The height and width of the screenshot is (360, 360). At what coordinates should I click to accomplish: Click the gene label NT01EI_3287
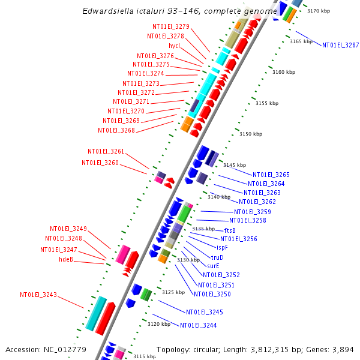coord(340,45)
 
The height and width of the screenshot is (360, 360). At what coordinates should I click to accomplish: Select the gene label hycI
coord(174,46)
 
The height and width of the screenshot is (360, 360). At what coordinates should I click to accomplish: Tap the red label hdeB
coord(66,259)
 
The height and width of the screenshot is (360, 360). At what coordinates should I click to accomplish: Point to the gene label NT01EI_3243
coord(38,295)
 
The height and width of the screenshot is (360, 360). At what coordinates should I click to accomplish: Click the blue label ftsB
coord(230,230)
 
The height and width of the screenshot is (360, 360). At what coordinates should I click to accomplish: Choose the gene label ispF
coord(222,247)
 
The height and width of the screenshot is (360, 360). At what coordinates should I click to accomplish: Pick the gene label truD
coord(217,257)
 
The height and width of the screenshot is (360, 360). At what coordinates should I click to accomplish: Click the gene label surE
coord(213,266)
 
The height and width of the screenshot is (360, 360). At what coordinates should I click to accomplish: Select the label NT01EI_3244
coord(198,325)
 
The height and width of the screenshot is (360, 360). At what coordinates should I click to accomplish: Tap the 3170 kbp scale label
coord(319,11)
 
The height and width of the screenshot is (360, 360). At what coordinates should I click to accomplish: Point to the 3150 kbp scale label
coord(251,134)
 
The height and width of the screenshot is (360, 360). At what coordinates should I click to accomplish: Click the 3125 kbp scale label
coord(173,292)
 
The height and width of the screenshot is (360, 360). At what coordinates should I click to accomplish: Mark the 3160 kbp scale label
coord(284,72)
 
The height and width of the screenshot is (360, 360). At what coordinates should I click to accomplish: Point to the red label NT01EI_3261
coord(106,151)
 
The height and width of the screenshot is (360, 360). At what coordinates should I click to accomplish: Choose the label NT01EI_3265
coord(271,175)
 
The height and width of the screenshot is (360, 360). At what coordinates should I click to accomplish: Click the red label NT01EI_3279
coord(171,26)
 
